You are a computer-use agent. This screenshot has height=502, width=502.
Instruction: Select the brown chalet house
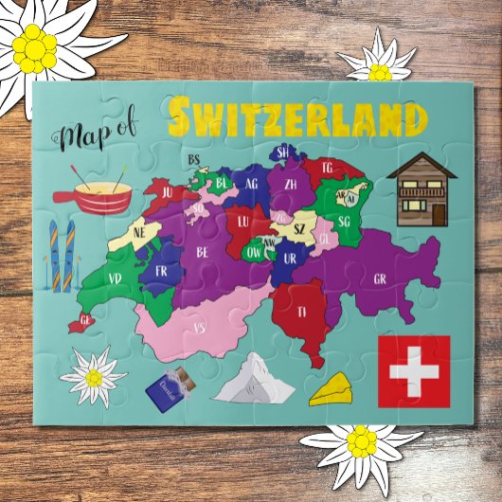[x=421, y=189]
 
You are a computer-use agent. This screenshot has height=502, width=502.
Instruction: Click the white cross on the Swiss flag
[x=414, y=370]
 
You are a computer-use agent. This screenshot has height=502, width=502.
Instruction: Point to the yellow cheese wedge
[x=332, y=388]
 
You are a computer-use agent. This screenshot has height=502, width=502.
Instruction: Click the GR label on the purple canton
[x=379, y=279]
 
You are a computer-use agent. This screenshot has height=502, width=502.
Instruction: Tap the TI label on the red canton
[x=302, y=311]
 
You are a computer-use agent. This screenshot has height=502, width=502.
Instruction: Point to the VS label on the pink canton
[x=199, y=328]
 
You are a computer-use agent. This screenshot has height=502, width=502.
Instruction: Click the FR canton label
[x=160, y=270]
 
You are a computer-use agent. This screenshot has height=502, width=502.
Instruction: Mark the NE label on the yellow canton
[x=139, y=230]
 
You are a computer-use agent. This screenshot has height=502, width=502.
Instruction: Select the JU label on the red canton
[x=167, y=191]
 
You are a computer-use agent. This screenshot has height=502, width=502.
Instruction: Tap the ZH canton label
[x=290, y=183]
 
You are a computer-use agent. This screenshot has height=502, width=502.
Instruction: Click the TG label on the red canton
[x=328, y=168]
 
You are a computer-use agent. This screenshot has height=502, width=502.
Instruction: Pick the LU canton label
[x=243, y=222]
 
